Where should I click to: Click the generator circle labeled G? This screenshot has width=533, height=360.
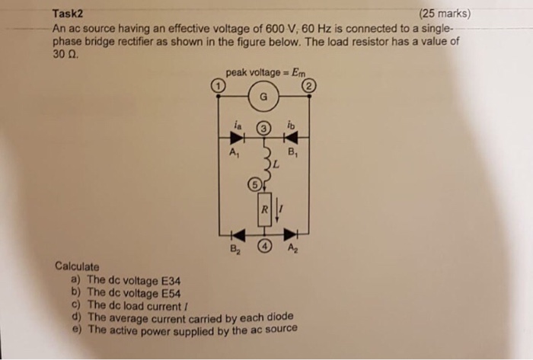point(263,97)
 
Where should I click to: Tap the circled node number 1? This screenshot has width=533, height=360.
point(218,88)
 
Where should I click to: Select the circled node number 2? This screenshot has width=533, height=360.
point(308,88)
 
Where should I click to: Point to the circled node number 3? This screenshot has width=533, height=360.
point(263,129)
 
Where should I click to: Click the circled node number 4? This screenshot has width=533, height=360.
point(263,246)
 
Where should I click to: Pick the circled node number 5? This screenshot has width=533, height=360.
point(256,183)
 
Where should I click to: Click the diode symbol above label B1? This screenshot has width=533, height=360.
point(293,138)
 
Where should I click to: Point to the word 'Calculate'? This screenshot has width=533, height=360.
point(77,267)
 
